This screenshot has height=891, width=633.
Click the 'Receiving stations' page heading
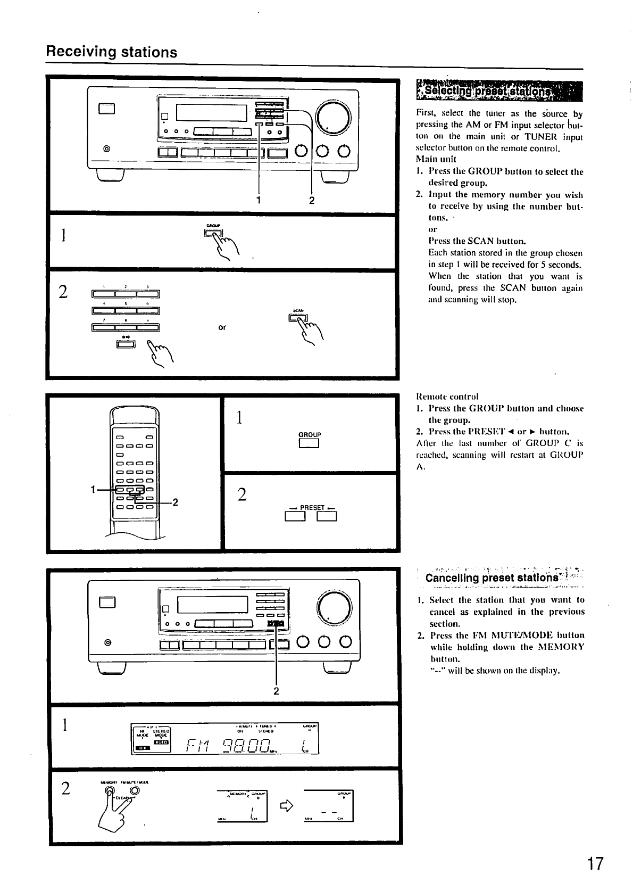[111, 52]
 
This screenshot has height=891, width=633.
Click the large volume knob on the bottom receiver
[334, 607]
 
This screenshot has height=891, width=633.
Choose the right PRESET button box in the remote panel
[327, 517]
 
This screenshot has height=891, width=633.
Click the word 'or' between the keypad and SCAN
[222, 327]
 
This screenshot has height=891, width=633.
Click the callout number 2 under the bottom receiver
[276, 691]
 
